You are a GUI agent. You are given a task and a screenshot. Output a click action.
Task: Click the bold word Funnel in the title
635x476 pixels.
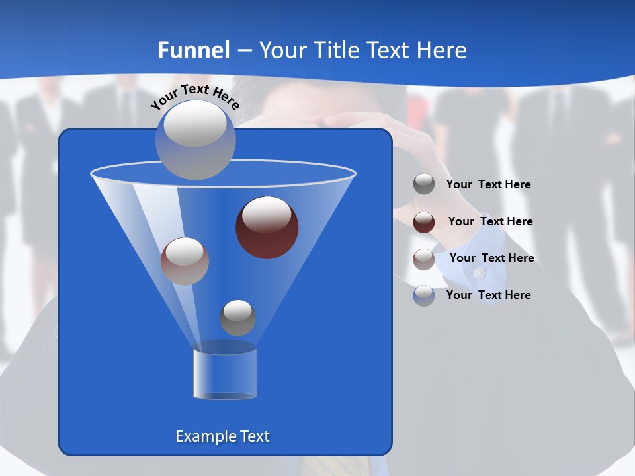pyautogui.click(x=194, y=50)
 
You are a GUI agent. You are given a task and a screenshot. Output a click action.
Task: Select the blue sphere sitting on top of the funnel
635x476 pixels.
pyautogui.click(x=195, y=139)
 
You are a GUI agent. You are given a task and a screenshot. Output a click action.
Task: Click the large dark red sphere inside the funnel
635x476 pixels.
pyautogui.click(x=267, y=227)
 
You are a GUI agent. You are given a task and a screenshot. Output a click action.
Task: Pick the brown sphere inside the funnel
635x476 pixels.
pyautogui.click(x=185, y=261)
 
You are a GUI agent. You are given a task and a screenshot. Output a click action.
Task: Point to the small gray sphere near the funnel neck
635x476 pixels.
pyautogui.click(x=237, y=317)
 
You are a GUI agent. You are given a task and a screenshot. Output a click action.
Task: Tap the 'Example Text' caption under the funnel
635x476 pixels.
pyautogui.click(x=222, y=436)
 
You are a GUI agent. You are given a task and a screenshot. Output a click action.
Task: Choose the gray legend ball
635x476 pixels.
pyautogui.click(x=424, y=184)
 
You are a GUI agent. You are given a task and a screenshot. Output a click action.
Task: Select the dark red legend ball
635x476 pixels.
pyautogui.click(x=424, y=222)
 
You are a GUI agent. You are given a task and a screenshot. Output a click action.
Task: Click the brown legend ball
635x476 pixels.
pyautogui.click(x=424, y=259)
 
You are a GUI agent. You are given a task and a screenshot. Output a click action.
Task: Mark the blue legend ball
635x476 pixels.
pyautogui.click(x=424, y=296)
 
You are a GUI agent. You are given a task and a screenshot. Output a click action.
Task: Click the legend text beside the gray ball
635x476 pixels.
pyautogui.click(x=488, y=185)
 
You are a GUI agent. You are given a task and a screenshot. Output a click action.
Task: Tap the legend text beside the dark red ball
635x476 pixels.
pyautogui.click(x=490, y=222)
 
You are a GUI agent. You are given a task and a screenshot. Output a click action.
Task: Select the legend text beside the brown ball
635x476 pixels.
pyautogui.click(x=491, y=258)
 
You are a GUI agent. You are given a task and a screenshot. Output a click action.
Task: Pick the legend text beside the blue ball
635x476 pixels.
pyautogui.click(x=488, y=296)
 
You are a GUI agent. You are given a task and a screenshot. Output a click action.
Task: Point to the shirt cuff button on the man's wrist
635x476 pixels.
pyautogui.click(x=480, y=272)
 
